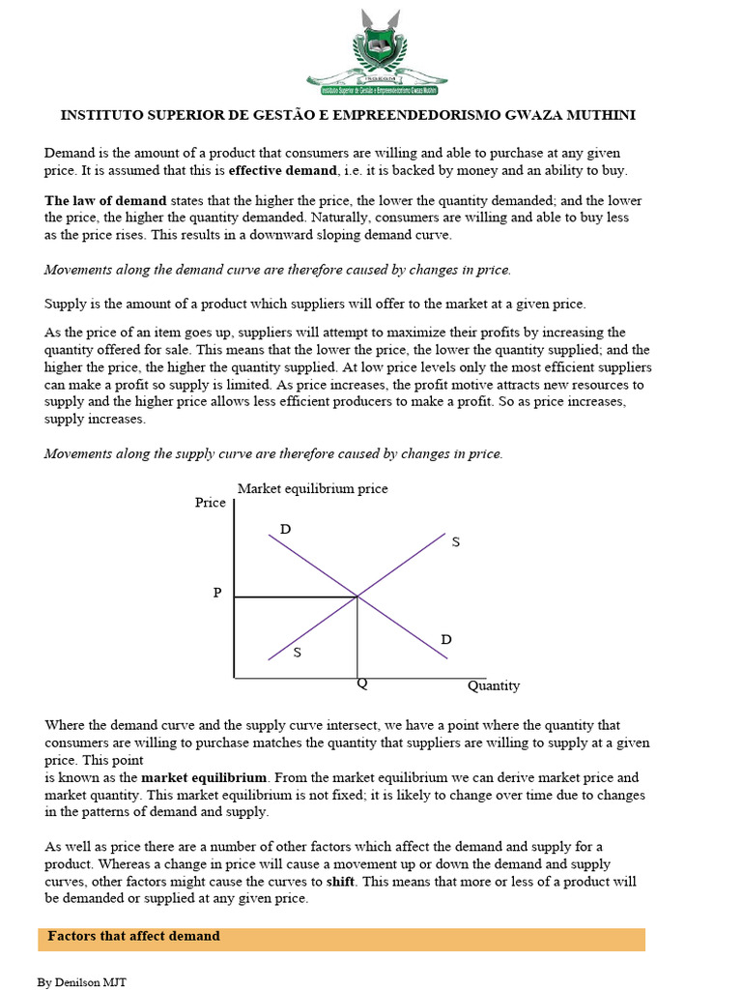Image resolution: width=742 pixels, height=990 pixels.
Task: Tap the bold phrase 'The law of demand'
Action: point(105,201)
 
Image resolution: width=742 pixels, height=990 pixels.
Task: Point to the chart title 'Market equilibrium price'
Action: point(312,488)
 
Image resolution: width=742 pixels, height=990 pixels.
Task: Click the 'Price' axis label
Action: point(211,503)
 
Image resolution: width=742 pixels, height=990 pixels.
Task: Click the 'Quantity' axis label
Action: point(494,685)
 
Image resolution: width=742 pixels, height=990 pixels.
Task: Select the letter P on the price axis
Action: point(217,594)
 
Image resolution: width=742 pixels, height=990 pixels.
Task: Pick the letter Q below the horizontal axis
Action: point(362,684)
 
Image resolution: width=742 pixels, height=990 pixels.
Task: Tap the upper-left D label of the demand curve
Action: point(285,529)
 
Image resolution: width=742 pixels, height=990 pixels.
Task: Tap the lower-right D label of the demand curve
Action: point(446,639)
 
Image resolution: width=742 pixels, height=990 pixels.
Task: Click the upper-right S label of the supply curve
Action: point(456,542)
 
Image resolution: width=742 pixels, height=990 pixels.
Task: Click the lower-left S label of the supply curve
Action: point(297,653)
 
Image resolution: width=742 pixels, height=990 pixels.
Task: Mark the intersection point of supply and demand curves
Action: point(358,597)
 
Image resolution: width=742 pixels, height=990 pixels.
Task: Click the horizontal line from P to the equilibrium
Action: point(296,597)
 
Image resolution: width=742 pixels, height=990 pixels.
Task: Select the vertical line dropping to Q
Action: point(358,638)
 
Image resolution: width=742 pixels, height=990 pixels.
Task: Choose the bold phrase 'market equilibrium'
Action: point(204,777)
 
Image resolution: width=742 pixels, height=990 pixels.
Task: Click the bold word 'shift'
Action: point(340,882)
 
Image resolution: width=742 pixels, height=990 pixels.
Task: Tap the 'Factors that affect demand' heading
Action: point(134,936)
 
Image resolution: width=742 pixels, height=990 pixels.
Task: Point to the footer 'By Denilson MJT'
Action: point(82,982)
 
